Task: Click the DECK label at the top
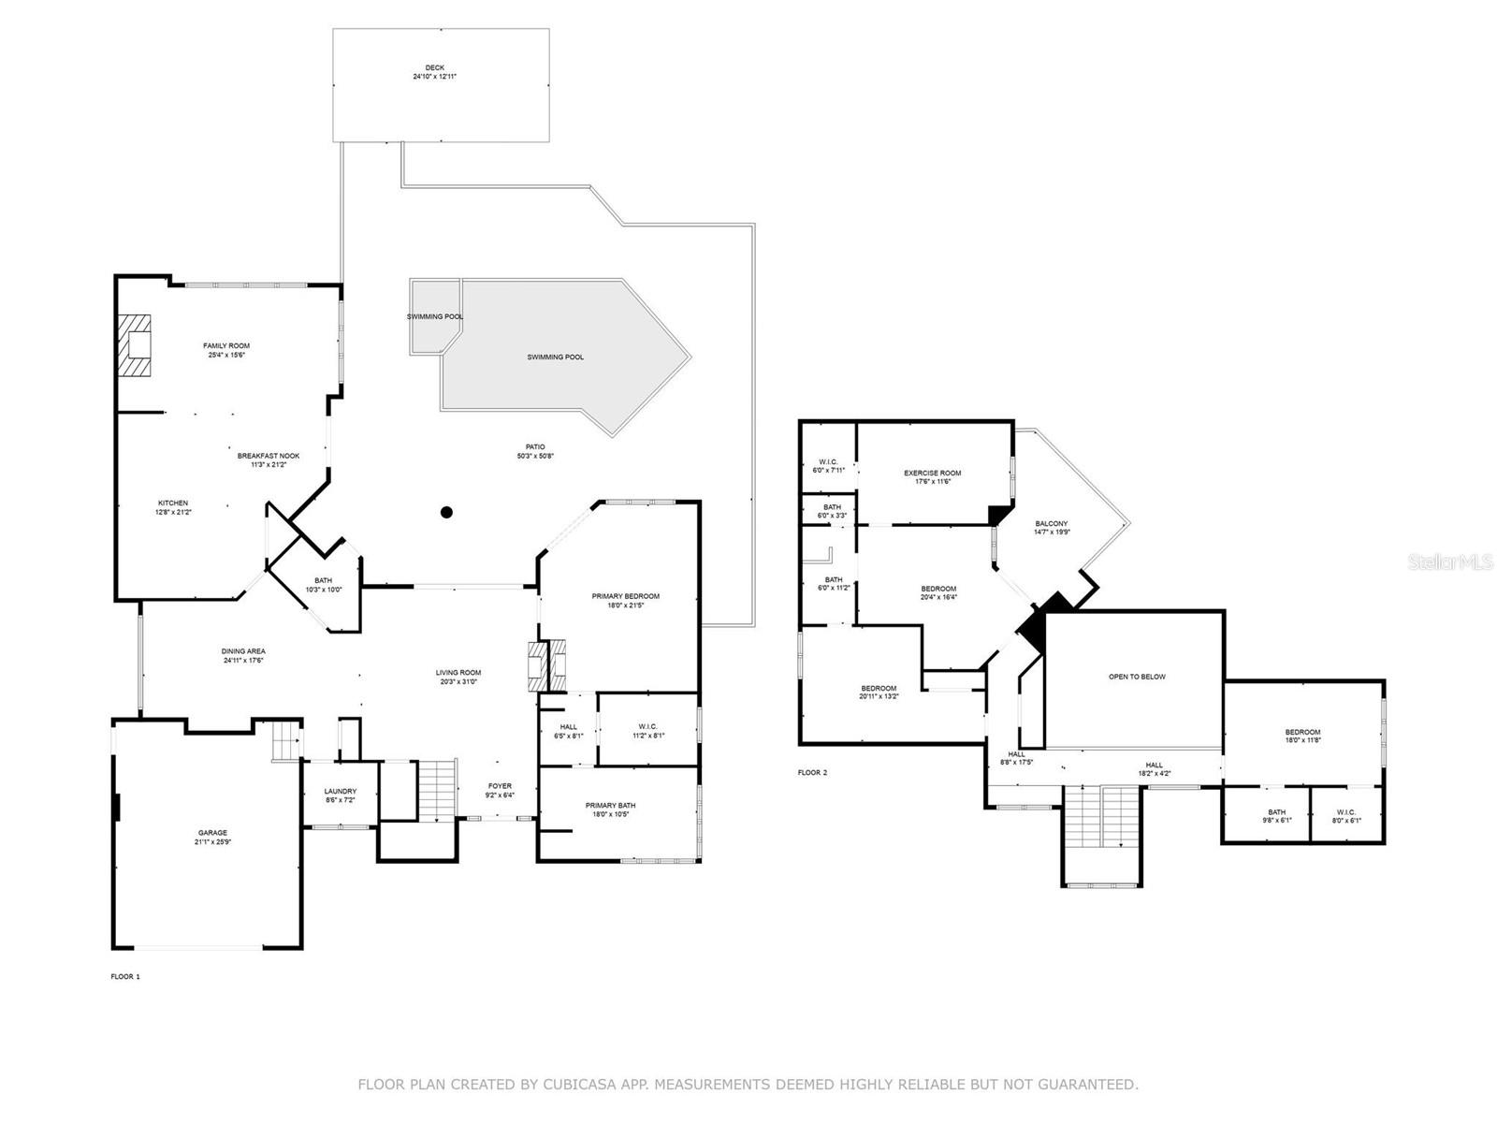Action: click(x=435, y=68)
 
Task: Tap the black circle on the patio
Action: click(x=447, y=512)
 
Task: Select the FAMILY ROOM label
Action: click(x=226, y=346)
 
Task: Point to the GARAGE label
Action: click(x=212, y=833)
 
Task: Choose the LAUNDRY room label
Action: click(x=341, y=792)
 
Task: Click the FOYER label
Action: click(x=500, y=786)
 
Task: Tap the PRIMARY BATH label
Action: click(x=610, y=806)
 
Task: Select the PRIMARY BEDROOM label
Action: click(x=625, y=596)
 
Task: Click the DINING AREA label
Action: click(x=243, y=651)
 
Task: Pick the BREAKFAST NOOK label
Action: click(x=269, y=456)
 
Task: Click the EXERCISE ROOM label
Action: click(x=932, y=474)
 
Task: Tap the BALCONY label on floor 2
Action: click(x=1051, y=524)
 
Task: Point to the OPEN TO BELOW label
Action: click(x=1137, y=677)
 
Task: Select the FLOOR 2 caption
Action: click(x=812, y=773)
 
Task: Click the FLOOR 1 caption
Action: click(x=125, y=977)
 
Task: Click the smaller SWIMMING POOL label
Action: click(x=434, y=317)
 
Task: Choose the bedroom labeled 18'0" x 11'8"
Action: click(x=1302, y=733)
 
